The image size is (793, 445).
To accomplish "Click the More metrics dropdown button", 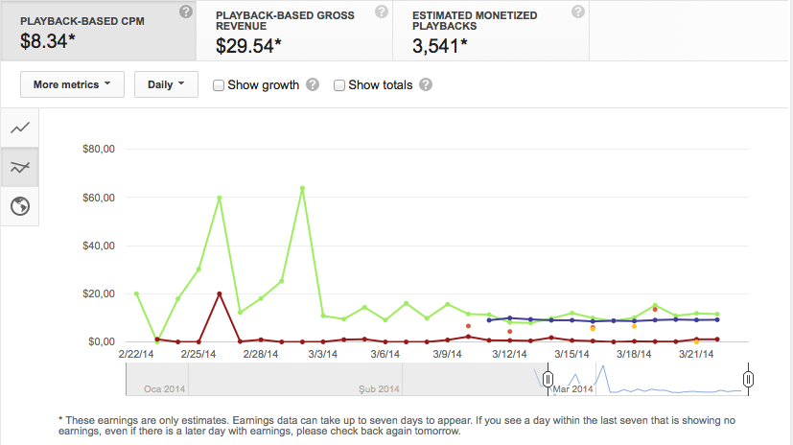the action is (72, 84).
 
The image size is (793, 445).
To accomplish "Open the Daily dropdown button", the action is (166, 84).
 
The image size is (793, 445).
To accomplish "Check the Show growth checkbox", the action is (219, 85).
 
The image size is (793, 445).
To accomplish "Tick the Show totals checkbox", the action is (339, 85).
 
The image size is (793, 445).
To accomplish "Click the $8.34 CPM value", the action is (48, 41).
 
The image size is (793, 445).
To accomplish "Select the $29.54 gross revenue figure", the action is (248, 46).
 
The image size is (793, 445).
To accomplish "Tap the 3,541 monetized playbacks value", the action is (439, 46).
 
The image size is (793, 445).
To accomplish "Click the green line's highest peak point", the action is (302, 188).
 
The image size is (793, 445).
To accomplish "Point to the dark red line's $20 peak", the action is (219, 293).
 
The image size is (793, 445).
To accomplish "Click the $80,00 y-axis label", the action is (99, 150).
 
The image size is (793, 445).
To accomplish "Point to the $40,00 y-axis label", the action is (99, 246).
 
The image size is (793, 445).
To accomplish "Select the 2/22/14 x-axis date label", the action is (136, 354).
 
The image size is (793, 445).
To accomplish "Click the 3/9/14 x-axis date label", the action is (447, 354).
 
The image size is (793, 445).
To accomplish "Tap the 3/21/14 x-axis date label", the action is (696, 354).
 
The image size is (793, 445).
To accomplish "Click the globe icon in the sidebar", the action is (20, 206).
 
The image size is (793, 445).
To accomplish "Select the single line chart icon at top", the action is (20, 128).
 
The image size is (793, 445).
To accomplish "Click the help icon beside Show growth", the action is (313, 84).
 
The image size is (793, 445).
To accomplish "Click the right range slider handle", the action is (749, 379).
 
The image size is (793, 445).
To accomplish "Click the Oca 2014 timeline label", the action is (164, 388).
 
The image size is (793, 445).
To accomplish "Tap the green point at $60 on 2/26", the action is (219, 199).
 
